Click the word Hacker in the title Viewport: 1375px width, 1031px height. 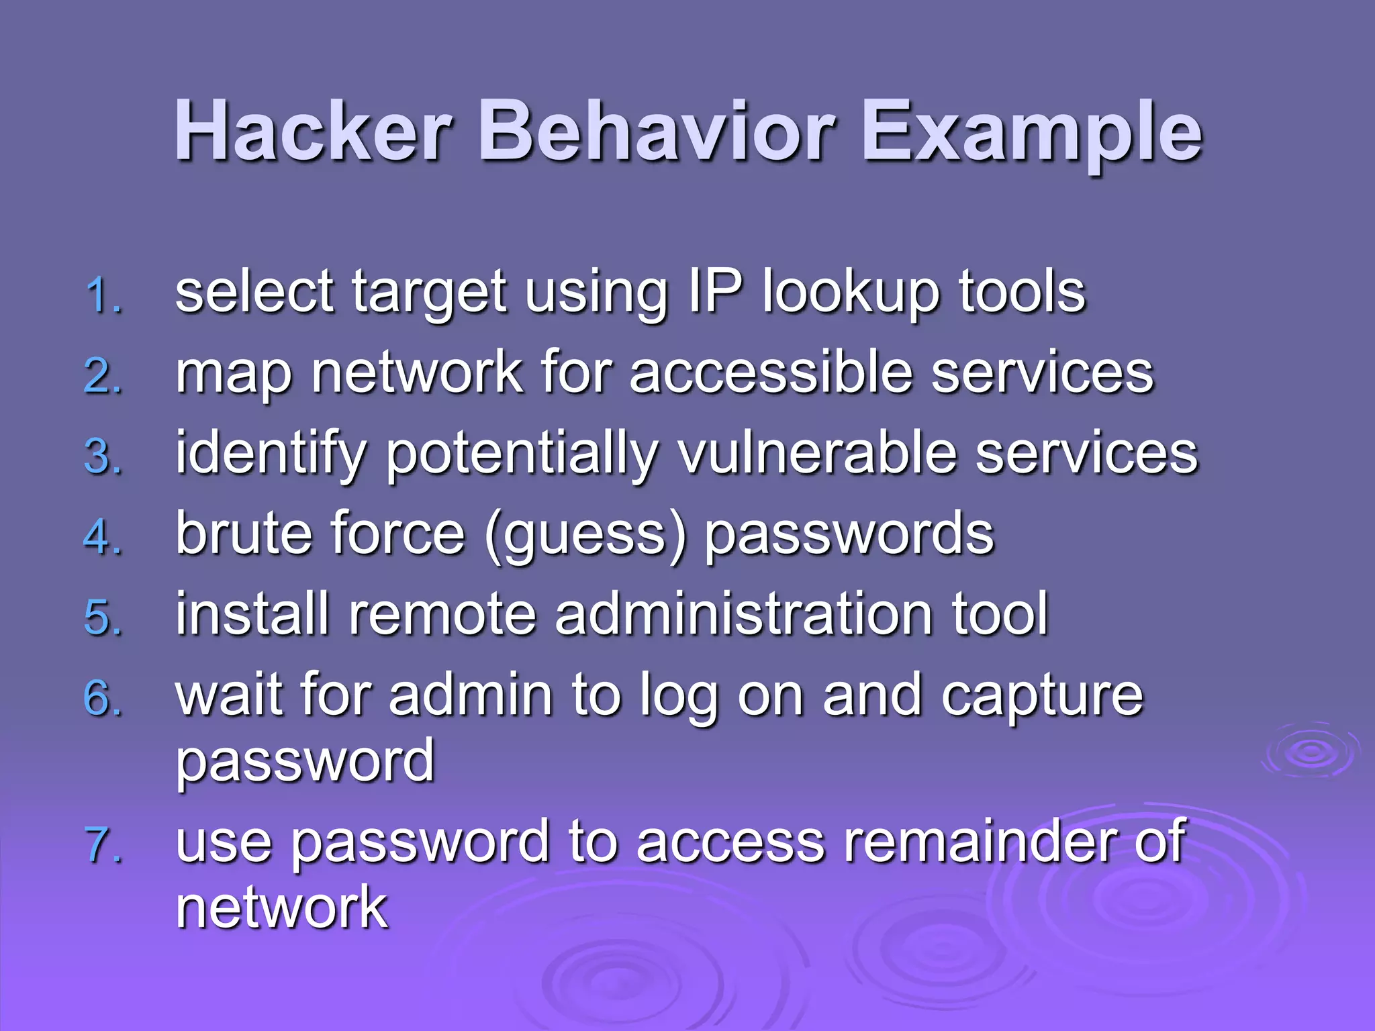click(312, 131)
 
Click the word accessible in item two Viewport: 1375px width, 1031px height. click(771, 373)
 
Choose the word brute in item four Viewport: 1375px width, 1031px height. click(245, 534)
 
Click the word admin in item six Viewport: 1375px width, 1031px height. click(471, 695)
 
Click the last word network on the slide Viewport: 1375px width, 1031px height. click(281, 907)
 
